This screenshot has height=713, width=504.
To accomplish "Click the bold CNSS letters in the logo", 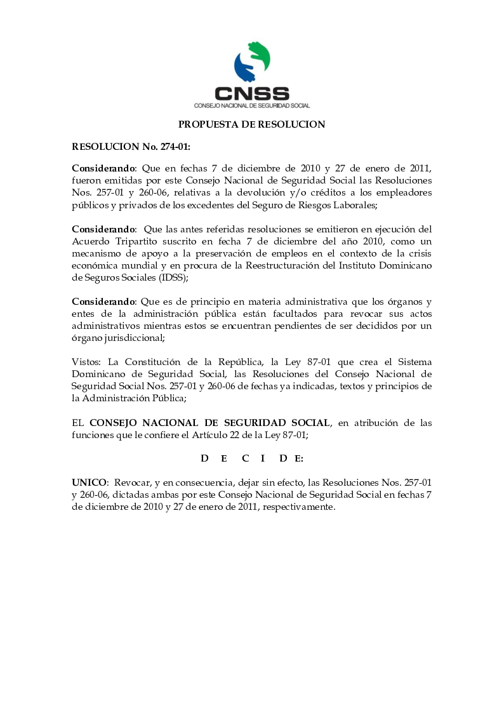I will [251, 93].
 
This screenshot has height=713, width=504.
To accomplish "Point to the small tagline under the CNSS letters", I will [251, 105].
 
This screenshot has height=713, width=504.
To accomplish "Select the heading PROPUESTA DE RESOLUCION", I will [251, 124].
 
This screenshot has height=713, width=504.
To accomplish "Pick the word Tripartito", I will [142, 241].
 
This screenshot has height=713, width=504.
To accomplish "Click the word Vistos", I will [86, 361].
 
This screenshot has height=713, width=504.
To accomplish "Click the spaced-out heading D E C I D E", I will [252, 458].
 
